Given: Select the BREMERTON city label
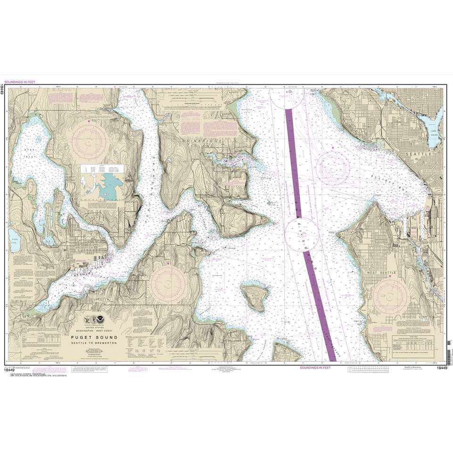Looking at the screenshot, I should click(x=85, y=247).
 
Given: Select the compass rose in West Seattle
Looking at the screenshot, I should click(x=390, y=297).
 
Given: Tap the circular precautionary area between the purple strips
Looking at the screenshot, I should click(x=302, y=234).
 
